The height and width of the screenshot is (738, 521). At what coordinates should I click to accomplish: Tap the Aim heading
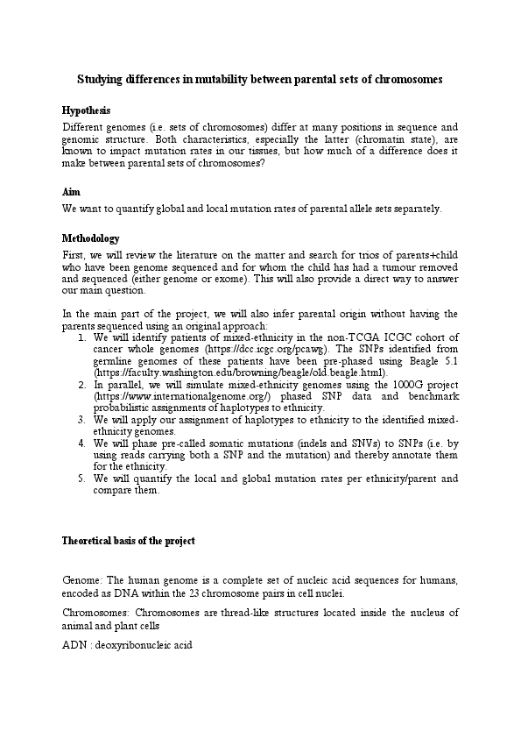[71, 191]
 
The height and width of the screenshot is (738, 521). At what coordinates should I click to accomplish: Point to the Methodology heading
[91, 238]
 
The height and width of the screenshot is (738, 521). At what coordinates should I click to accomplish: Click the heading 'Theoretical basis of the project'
[129, 541]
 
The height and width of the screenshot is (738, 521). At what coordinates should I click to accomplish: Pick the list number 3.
[81, 420]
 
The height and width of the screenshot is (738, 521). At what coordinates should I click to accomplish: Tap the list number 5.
[81, 479]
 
